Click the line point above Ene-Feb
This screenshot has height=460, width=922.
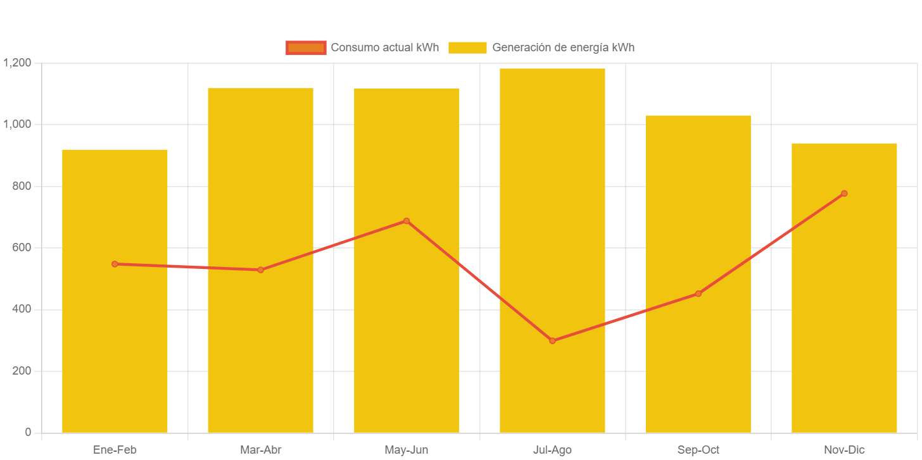coord(115,264)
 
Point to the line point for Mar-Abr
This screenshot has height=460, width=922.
coord(260,270)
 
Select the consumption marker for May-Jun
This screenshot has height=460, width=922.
coord(407,221)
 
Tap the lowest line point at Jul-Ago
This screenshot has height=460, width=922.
coord(552,340)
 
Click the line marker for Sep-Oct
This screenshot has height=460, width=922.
coord(698,294)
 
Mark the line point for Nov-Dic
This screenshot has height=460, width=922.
coord(844,194)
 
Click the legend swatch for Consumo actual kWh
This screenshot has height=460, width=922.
coord(306,47)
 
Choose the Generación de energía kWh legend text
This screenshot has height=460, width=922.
coord(563,47)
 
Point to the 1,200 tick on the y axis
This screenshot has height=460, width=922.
coord(17,63)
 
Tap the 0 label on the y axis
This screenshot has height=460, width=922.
coord(27,432)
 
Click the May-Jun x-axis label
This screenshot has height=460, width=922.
coord(407,450)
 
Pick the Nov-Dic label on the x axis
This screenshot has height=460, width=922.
coord(844,450)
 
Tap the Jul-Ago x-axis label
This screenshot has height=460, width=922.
coord(552,450)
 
